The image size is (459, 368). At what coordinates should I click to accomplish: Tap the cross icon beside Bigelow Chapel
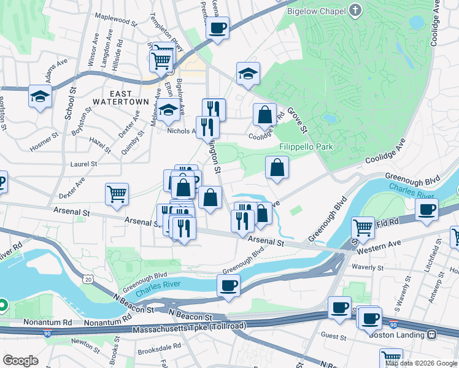tap(355, 10)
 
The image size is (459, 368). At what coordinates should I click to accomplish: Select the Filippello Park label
tap(306, 147)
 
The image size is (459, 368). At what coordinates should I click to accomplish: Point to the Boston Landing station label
tap(396, 335)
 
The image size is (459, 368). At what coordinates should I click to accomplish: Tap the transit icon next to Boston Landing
tap(431, 335)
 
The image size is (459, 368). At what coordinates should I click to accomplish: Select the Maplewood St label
tap(115, 21)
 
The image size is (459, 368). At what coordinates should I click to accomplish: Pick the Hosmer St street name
tap(44, 141)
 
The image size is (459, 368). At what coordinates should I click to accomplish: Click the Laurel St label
tap(84, 164)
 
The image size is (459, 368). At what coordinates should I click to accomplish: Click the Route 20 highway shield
tap(90, 279)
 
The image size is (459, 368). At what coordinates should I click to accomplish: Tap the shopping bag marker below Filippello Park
tap(277, 167)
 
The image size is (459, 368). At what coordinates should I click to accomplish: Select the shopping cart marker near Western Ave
tap(363, 228)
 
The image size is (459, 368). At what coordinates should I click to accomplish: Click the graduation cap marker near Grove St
tap(248, 73)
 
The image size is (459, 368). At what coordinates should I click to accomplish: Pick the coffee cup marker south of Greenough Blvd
tap(229, 285)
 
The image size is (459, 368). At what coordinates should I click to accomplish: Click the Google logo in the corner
tap(21, 361)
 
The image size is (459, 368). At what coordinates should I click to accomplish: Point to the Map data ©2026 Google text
tap(421, 363)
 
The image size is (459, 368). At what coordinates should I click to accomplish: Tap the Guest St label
tap(333, 337)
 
